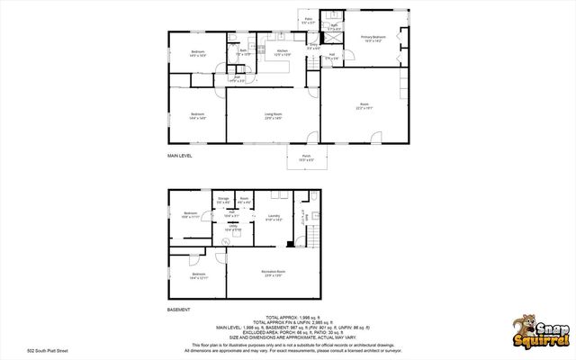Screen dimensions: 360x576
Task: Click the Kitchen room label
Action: click(x=282, y=51)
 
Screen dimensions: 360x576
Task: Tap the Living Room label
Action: click(x=273, y=114)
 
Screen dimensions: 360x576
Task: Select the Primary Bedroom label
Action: click(x=373, y=38)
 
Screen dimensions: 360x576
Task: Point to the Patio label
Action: click(x=308, y=19)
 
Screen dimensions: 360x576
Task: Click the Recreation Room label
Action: click(x=274, y=272)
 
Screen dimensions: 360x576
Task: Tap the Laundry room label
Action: click(x=274, y=217)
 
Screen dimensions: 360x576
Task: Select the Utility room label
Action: click(x=230, y=228)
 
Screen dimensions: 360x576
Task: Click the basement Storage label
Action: click(x=222, y=200)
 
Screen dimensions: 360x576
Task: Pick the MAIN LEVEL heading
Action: click(x=180, y=156)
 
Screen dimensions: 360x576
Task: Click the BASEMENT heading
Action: click(x=178, y=309)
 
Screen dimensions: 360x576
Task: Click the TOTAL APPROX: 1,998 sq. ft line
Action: click(x=288, y=317)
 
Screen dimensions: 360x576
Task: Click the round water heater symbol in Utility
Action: click(x=226, y=240)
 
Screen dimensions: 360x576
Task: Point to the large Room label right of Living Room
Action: click(x=364, y=107)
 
